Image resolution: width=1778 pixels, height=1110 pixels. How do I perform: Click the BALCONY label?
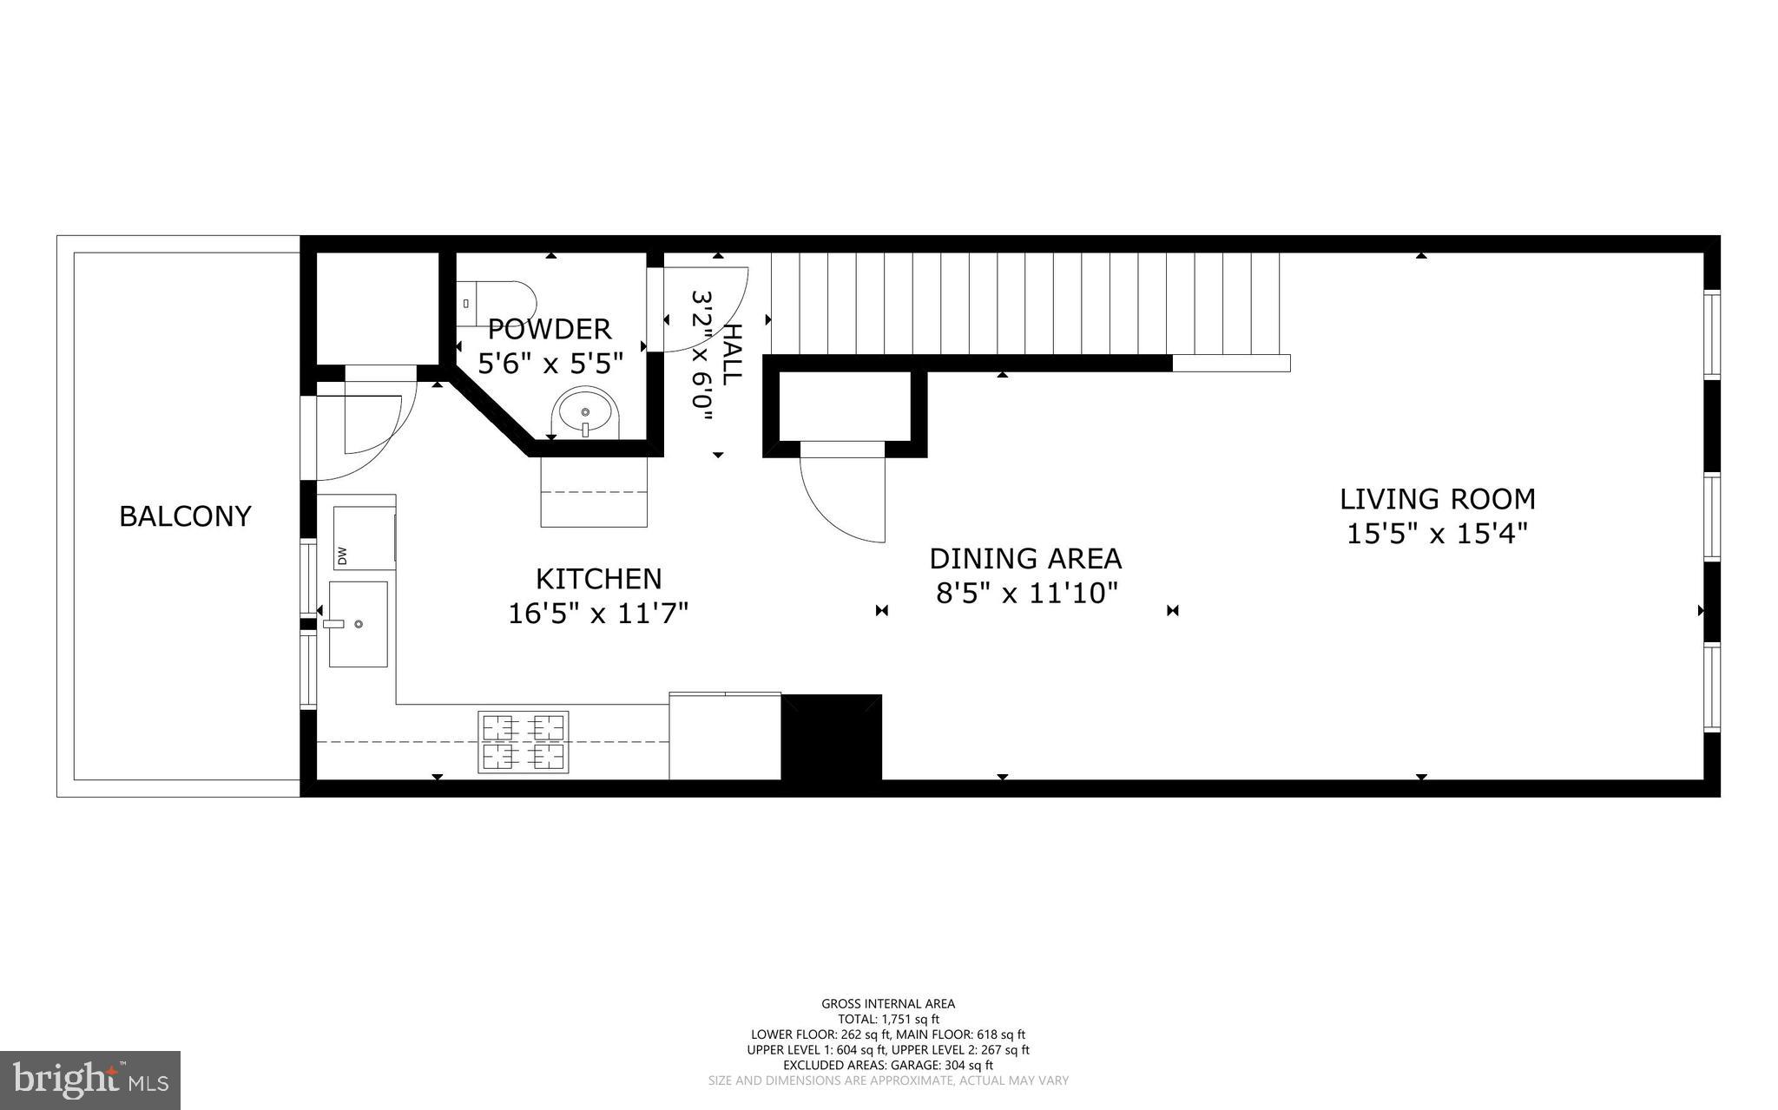tap(185, 516)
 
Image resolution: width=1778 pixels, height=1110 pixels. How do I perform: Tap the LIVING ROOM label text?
tap(1437, 499)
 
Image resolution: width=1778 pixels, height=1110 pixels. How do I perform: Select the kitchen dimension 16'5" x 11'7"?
tap(597, 614)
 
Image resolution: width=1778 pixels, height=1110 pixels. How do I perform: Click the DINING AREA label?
tap(1025, 558)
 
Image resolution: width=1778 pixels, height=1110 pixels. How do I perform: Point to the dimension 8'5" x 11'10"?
tap(1025, 594)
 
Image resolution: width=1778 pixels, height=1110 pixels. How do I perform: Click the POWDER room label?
tap(550, 329)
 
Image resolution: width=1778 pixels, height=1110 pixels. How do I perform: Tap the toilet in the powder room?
tap(495, 303)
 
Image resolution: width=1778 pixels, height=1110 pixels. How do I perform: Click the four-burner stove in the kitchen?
tap(524, 742)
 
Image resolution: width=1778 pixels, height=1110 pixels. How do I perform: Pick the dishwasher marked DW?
tap(364, 538)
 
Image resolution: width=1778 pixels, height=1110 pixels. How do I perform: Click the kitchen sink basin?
tap(358, 624)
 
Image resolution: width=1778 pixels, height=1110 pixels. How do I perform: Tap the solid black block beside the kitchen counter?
tap(832, 737)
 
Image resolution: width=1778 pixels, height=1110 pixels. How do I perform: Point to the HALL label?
tap(732, 354)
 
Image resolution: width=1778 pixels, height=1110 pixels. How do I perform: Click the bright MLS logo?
tap(90, 1080)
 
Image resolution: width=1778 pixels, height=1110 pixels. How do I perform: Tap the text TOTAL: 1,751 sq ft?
tap(888, 1019)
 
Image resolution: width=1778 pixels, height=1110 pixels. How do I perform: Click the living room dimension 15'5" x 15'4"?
tap(1437, 533)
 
